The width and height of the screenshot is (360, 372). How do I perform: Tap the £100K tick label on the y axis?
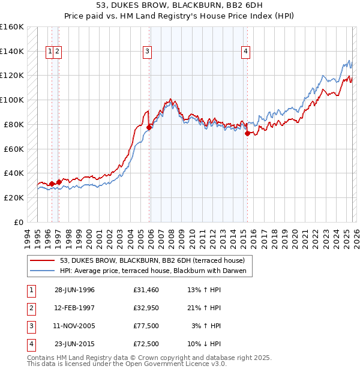[x=11, y=100]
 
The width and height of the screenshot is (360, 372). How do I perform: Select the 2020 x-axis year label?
[x=295, y=236]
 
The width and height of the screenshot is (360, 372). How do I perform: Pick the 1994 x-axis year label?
[x=27, y=236]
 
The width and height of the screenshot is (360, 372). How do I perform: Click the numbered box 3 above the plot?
[x=147, y=52]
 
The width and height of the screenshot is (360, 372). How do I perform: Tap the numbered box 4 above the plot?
[x=246, y=52]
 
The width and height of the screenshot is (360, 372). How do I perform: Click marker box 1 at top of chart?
[x=50, y=52]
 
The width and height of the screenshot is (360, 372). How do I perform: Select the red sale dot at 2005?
[x=149, y=127]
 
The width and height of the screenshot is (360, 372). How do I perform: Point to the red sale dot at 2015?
[x=247, y=133]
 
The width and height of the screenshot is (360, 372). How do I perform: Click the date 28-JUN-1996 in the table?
[x=74, y=290]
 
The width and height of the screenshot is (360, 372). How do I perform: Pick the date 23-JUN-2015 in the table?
[x=74, y=344]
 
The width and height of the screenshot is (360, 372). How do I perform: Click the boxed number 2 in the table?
[x=31, y=308]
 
